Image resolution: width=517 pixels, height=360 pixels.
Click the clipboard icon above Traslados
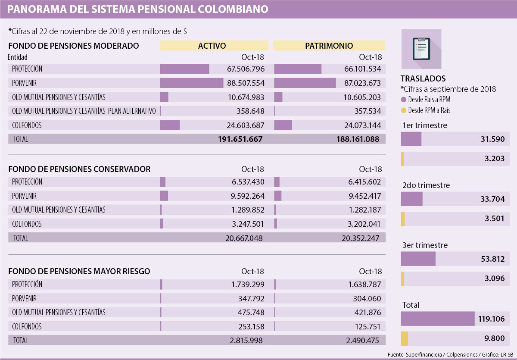click(421, 48)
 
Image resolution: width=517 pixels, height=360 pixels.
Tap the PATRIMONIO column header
click(329, 46)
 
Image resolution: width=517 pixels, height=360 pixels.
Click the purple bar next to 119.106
click(437, 319)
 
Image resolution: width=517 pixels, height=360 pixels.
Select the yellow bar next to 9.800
click(404, 338)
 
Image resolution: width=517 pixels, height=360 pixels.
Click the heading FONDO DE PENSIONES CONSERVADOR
click(79, 169)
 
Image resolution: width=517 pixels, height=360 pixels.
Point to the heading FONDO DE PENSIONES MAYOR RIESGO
click(79, 271)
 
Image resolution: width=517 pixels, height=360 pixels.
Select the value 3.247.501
click(244, 224)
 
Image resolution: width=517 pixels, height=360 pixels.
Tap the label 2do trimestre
click(426, 185)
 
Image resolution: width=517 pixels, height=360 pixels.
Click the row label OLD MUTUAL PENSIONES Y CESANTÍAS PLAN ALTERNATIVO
click(84, 111)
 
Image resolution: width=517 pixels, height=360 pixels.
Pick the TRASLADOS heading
click(423, 78)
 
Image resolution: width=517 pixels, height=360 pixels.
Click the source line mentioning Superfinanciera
click(449, 355)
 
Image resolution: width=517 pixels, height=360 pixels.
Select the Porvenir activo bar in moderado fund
click(191, 83)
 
